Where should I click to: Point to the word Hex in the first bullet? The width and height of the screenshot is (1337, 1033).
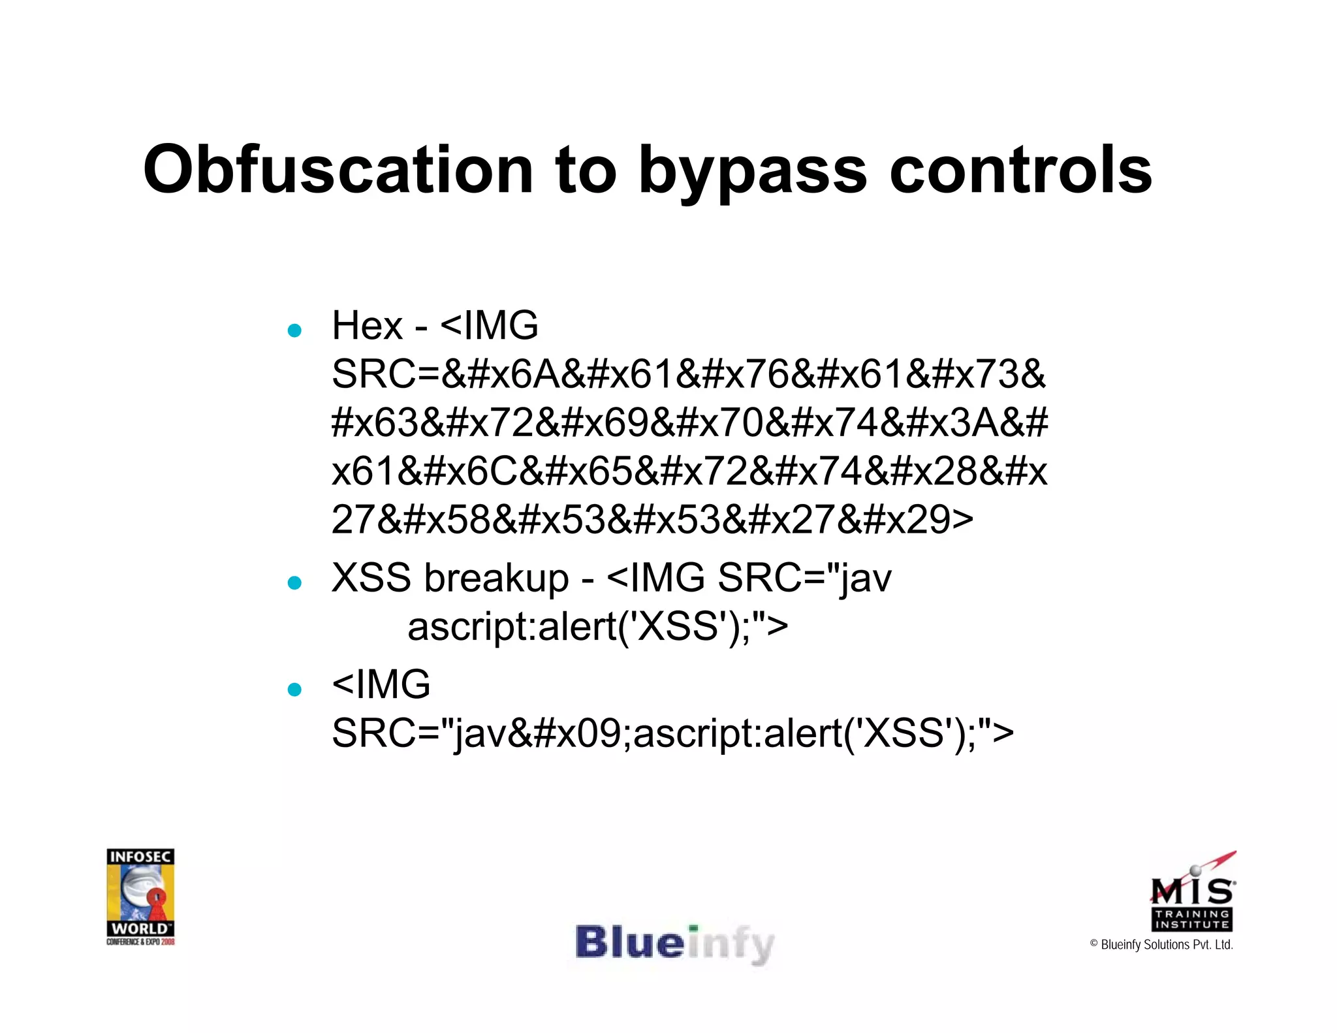click(x=367, y=325)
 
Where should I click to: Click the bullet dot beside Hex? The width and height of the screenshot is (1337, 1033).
click(x=294, y=330)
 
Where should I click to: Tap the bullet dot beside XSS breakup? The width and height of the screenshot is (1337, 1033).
click(x=294, y=582)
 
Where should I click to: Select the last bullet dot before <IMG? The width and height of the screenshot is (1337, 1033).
click(x=294, y=689)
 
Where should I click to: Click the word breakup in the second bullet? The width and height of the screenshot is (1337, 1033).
click(x=496, y=579)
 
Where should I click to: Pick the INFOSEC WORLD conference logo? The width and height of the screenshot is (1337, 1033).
click(x=140, y=897)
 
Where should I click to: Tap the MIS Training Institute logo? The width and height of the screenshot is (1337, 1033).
click(x=1192, y=892)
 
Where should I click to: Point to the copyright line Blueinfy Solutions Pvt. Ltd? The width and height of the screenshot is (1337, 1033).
click(x=1161, y=945)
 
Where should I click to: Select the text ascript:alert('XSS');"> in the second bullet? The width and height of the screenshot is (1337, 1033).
click(x=597, y=627)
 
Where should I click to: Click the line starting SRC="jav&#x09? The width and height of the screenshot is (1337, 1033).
click(x=672, y=733)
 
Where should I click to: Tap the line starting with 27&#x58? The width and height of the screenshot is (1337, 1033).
click(x=652, y=520)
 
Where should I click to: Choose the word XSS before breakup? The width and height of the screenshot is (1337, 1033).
click(x=372, y=579)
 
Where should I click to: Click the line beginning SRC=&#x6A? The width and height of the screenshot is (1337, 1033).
click(x=689, y=375)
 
